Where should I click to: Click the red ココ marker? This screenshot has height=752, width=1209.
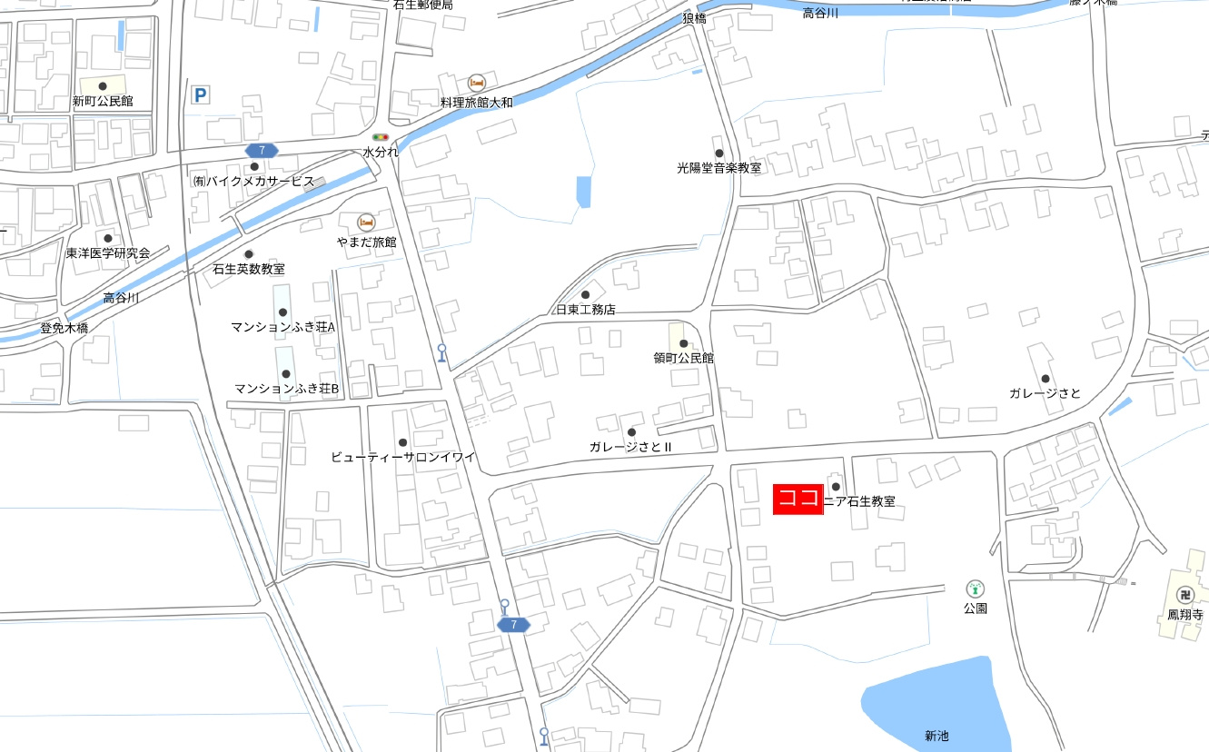(798, 500)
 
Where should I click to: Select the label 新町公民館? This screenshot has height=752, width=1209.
(103, 102)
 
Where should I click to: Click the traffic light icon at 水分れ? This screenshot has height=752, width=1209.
(381, 137)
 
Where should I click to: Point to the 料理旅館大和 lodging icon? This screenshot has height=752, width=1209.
(476, 84)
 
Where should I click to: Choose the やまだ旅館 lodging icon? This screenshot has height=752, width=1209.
(366, 223)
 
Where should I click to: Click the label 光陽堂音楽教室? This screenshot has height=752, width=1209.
(718, 168)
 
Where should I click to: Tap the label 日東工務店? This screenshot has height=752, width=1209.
(586, 310)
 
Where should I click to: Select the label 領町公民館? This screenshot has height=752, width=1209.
(683, 358)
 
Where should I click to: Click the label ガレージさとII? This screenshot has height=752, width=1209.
(629, 447)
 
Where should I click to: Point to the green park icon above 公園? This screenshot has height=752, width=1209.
(975, 589)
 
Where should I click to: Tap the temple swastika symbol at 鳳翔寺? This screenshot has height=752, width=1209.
(1184, 596)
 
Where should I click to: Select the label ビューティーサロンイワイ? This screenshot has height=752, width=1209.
(402, 457)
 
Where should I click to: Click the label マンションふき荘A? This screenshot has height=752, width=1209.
(283, 327)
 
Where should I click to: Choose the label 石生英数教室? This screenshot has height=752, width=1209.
(248, 269)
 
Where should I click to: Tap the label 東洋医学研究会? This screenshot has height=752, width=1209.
(107, 253)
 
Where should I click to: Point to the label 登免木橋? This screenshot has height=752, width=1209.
(64, 328)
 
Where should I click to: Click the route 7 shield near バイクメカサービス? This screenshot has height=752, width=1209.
(262, 150)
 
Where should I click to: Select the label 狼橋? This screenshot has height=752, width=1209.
(694, 18)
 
